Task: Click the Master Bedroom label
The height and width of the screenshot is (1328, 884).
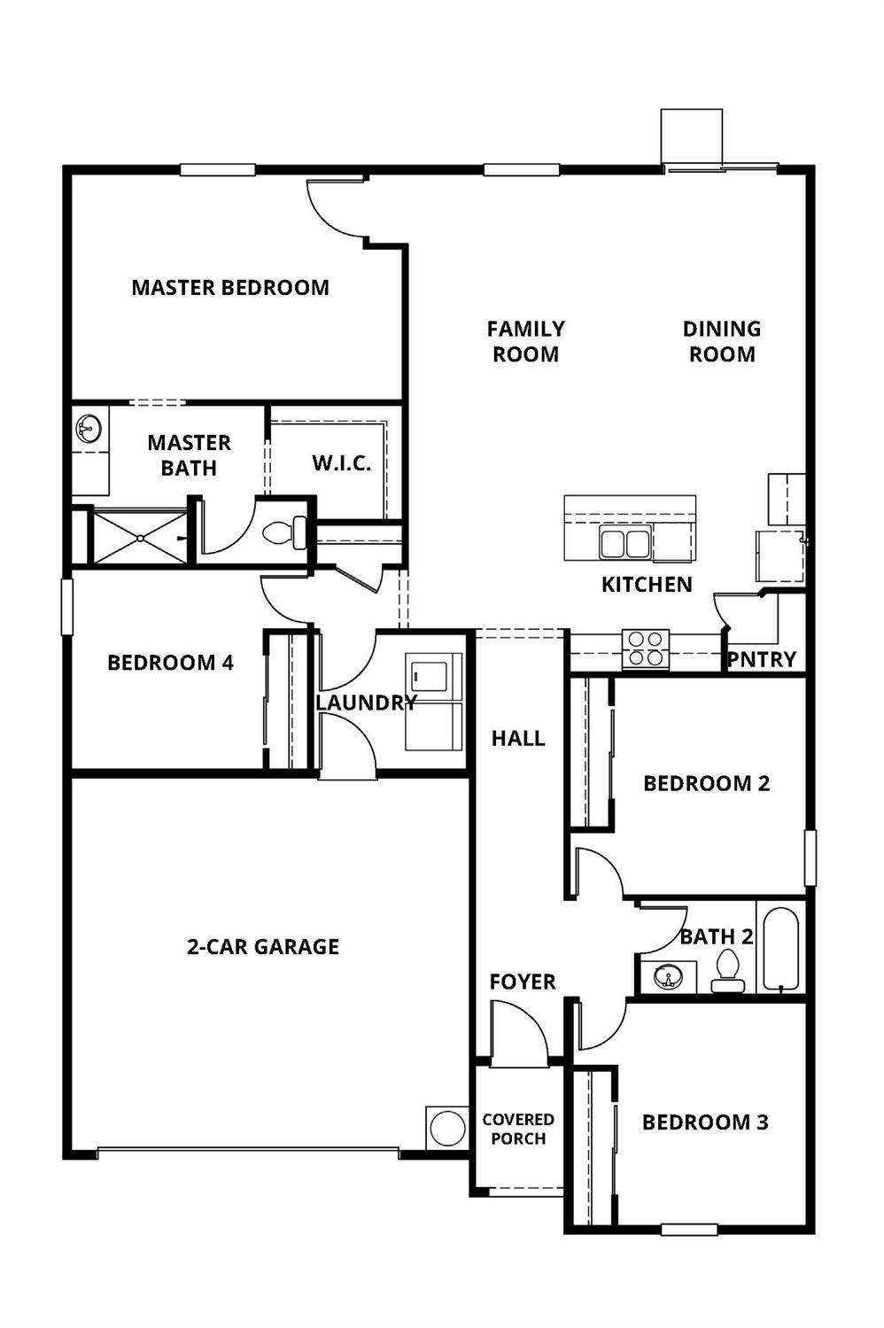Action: pos(230,287)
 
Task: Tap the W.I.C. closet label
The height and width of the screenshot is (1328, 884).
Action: pos(341,462)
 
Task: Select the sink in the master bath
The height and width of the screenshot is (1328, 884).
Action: pos(89,429)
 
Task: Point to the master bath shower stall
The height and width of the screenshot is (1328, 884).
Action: pos(140,537)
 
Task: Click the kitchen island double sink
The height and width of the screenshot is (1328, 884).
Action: pos(624,542)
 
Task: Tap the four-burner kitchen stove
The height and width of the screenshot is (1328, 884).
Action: pos(645,648)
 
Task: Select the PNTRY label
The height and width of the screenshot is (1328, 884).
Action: pos(762,660)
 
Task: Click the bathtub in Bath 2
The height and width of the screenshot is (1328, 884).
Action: pos(780,949)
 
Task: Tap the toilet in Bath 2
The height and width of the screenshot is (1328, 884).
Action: pos(728,971)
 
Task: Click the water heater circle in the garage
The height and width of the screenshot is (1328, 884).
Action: pos(447,1128)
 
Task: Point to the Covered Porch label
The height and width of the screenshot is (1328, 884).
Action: pos(518,1129)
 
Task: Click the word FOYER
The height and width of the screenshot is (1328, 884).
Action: pos(523,982)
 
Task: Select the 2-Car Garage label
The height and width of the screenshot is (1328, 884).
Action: pos(263,946)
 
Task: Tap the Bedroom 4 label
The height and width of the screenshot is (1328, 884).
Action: pos(170,663)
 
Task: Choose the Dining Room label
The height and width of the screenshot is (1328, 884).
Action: pos(722,341)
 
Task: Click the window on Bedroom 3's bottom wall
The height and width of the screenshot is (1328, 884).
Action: pos(688,1230)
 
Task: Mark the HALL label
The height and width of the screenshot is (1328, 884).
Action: pos(518,738)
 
